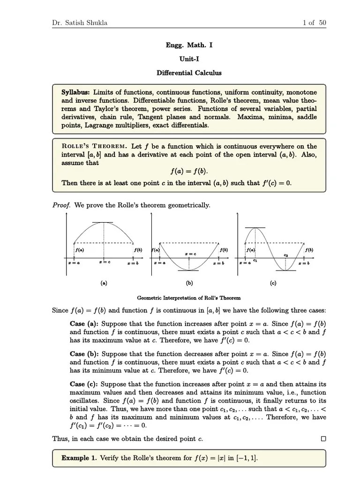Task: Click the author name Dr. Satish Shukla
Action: tap(79, 22)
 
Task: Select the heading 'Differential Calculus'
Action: tap(189, 73)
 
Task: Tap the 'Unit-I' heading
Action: tap(189, 59)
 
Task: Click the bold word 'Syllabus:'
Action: tap(76, 92)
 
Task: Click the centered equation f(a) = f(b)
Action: tap(189, 172)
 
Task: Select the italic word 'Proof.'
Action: tap(61, 205)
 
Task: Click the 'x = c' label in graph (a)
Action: tap(105, 262)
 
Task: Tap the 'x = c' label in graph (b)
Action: tap(190, 254)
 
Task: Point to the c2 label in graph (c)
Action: tap(285, 255)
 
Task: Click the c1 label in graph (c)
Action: tap(255, 260)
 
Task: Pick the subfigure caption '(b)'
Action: tap(189, 283)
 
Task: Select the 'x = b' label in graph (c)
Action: tap(304, 263)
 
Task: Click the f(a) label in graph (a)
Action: tap(80, 250)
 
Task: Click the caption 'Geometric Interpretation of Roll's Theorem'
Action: tap(189, 298)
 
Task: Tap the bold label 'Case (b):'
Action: tap(84, 354)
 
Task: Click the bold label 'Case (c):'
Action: tap(84, 384)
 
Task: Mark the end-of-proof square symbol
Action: tap(323, 439)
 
